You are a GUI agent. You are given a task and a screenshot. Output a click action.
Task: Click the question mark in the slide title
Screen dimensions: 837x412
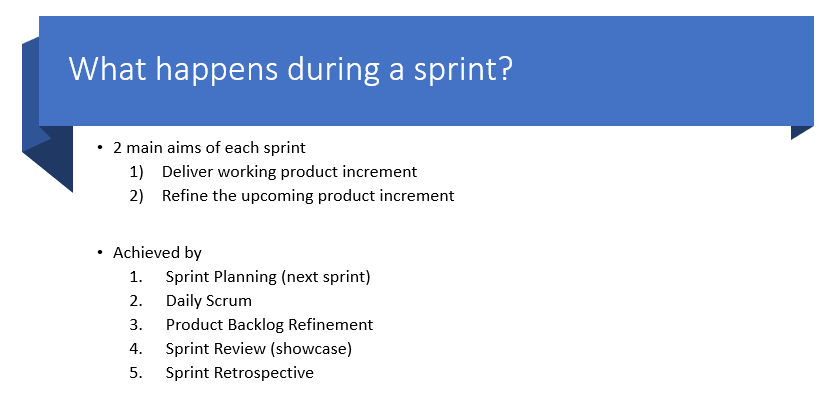(x=504, y=68)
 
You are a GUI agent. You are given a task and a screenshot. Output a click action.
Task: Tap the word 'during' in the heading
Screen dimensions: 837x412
(x=335, y=68)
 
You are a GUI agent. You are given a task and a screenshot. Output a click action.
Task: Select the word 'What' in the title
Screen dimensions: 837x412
(x=108, y=68)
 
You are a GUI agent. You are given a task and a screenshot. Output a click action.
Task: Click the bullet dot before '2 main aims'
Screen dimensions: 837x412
(x=100, y=146)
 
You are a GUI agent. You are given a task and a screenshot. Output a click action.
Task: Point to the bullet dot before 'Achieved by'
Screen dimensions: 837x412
(x=100, y=251)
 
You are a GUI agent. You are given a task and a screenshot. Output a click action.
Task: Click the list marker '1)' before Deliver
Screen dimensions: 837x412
(x=137, y=172)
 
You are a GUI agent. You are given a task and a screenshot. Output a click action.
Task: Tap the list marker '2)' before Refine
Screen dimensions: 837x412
(x=137, y=196)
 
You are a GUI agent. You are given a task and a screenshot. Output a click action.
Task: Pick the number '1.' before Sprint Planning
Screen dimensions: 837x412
(x=136, y=276)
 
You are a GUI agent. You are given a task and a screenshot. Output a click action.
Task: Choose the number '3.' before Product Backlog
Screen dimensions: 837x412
(x=136, y=324)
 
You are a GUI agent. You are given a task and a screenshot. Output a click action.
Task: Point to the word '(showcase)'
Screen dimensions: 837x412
(x=311, y=349)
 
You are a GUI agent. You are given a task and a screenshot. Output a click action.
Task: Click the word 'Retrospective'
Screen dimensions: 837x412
(x=264, y=373)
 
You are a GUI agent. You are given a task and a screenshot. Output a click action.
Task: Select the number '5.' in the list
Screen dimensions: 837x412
(x=136, y=373)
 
